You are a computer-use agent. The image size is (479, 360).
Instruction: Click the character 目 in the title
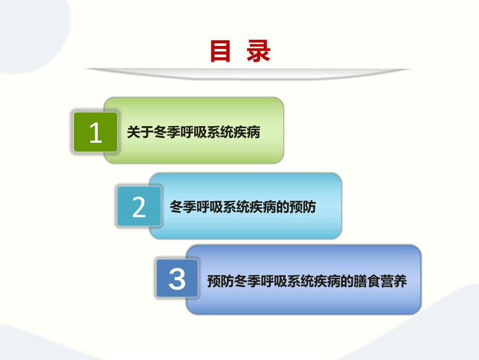pos(220,52)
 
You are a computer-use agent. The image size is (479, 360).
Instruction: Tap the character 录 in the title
pos(259,52)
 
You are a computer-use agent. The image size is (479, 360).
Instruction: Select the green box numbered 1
pos(95,132)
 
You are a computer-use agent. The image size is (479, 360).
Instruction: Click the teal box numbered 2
pos(139,207)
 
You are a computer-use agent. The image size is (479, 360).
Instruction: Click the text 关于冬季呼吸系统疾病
pos(193,133)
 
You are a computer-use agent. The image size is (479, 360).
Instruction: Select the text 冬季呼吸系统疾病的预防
pos(243,207)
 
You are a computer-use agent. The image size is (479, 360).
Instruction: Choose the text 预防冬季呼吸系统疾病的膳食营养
pos(306,282)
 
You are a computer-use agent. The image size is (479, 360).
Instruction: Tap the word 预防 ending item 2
pos(302,207)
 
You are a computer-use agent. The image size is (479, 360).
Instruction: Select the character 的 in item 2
pos(282,207)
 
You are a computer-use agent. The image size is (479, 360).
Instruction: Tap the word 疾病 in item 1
pos(247,133)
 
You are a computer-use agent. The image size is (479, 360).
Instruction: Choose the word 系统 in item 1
pos(220,133)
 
